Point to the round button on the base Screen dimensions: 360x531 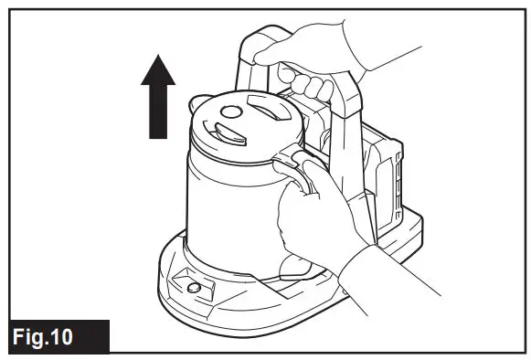[x=193, y=290]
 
